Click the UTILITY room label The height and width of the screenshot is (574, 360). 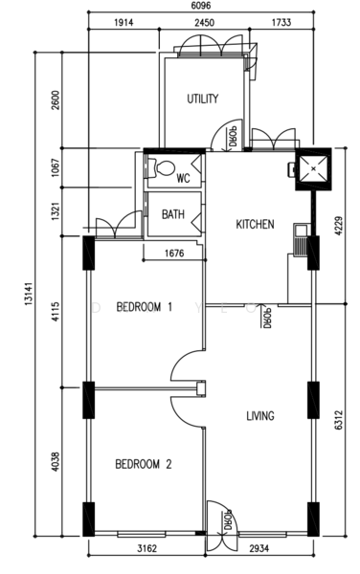(x=203, y=99)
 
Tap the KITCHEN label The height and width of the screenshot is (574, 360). (x=255, y=224)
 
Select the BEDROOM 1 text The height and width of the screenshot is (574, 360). (x=144, y=307)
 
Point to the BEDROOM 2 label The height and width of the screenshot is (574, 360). (x=144, y=465)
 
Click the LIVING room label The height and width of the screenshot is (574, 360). (x=260, y=416)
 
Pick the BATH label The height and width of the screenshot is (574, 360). (x=173, y=214)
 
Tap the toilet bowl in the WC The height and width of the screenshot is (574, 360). (x=164, y=168)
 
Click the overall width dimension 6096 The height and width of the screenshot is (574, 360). (x=201, y=6)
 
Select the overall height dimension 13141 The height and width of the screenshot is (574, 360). (x=30, y=294)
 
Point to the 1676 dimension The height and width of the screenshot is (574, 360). (x=174, y=254)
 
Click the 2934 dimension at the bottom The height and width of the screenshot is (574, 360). (x=259, y=548)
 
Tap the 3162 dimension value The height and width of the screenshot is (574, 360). (x=146, y=548)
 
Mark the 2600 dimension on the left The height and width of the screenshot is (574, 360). (x=56, y=99)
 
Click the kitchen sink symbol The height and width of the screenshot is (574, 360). (x=301, y=240)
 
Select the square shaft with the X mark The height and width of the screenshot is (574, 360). (x=313, y=168)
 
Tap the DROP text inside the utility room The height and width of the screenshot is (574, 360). (x=234, y=137)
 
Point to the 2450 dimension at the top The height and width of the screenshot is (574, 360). (x=204, y=23)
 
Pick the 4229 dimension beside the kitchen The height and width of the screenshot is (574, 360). (x=338, y=226)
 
